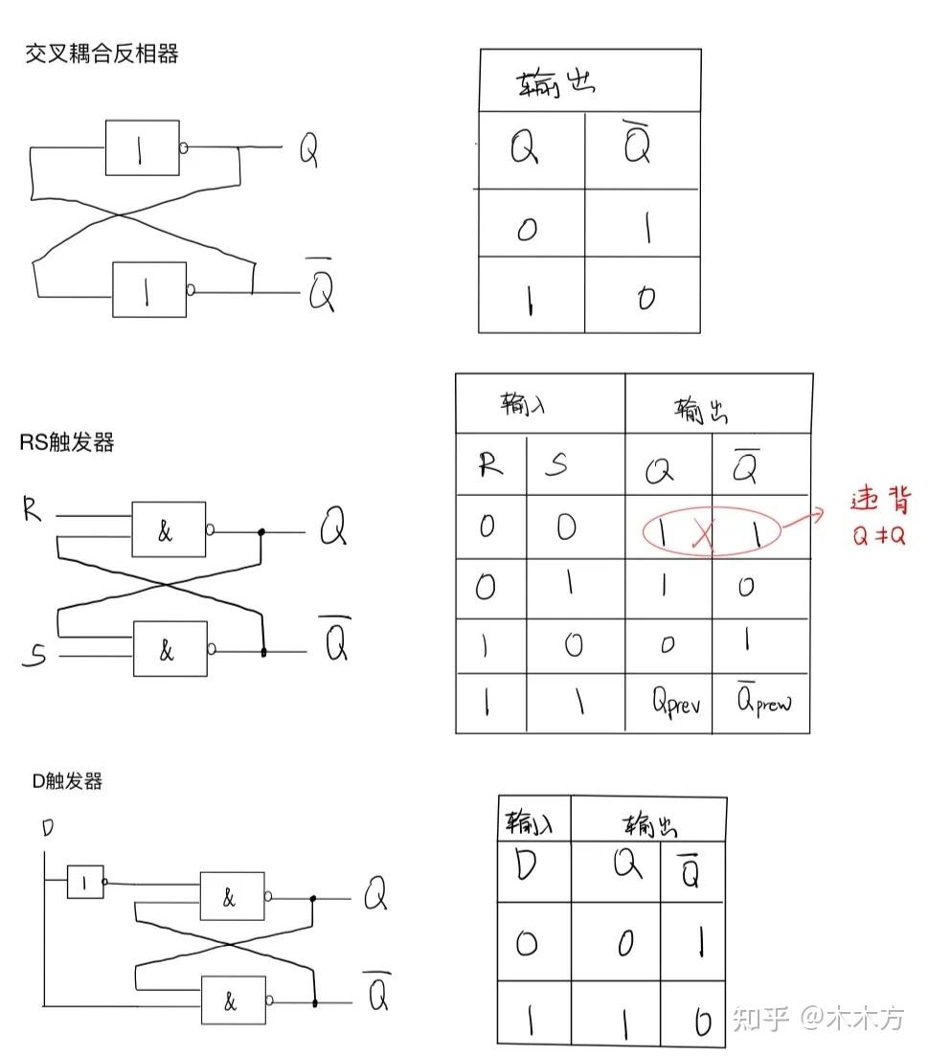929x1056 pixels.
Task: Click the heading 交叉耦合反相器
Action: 102,54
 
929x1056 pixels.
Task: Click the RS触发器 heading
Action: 67,442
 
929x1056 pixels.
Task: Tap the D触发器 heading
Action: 67,781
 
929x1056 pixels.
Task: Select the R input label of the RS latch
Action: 34,511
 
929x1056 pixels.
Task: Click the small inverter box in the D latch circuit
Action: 85,882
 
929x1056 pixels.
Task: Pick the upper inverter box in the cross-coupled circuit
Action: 142,148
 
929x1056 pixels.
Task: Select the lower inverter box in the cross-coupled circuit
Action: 148,290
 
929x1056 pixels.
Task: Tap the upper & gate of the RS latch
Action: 169,529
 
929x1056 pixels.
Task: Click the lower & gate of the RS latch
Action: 170,649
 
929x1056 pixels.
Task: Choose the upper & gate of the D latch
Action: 232,896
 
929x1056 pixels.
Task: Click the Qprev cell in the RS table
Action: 676,705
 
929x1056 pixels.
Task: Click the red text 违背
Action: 880,501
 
